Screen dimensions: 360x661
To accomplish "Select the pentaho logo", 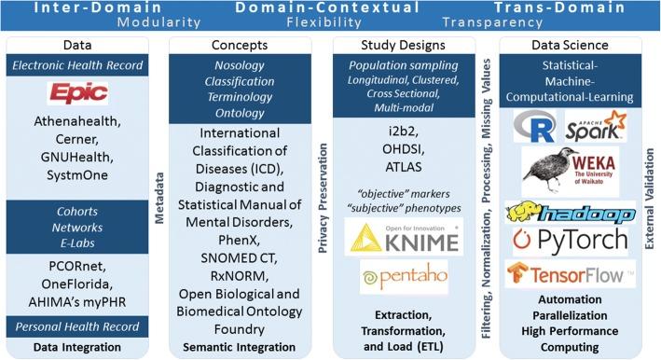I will tap(390, 277).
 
